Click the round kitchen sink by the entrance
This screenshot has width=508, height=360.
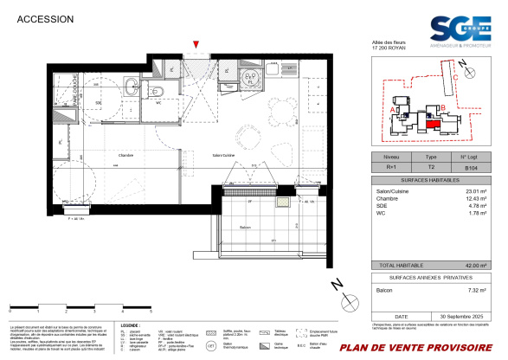pos(249,76)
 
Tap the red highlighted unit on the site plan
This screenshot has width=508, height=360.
pos(430,123)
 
